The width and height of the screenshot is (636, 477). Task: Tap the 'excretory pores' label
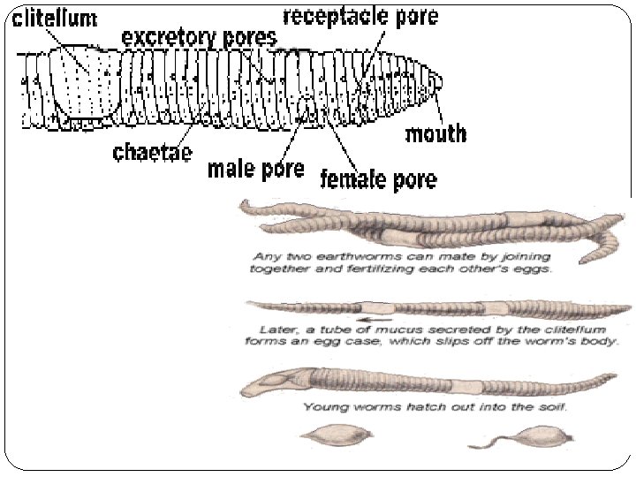pos(199,38)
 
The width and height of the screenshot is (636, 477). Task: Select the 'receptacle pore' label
pos(360,16)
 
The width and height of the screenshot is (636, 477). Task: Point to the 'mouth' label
pos(435,133)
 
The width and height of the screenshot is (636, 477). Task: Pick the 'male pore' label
pos(255,168)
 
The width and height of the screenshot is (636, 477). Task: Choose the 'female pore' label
pos(378,179)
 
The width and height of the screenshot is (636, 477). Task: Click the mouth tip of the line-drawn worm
pos(439,81)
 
